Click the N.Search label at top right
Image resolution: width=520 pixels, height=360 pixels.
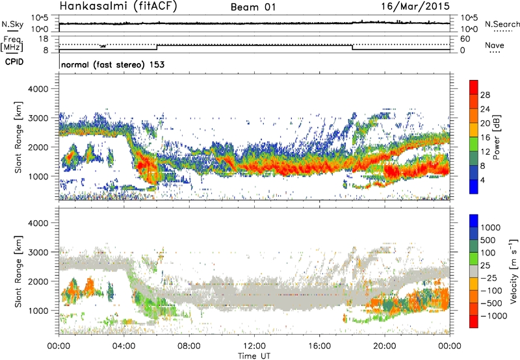tap(502, 24)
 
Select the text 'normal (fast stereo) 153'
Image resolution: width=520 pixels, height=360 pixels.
tap(112, 64)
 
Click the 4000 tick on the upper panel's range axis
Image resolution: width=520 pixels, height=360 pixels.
tap(45, 88)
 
